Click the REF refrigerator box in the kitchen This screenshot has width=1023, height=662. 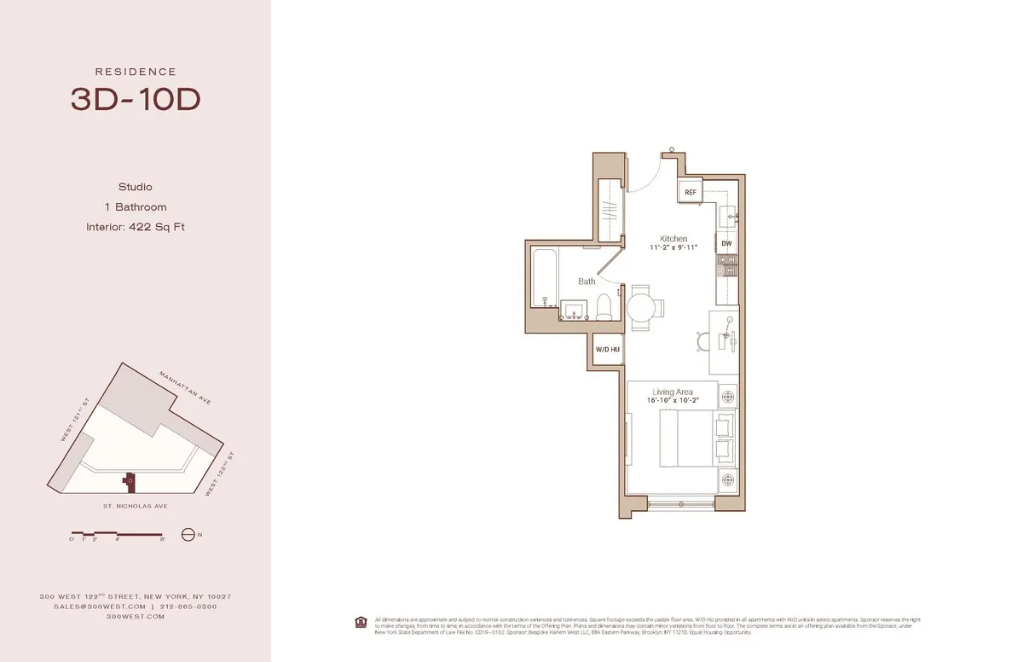[x=690, y=193]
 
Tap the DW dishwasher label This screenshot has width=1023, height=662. [x=726, y=244]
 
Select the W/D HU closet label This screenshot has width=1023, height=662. [x=607, y=350]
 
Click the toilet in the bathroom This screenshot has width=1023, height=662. [x=604, y=307]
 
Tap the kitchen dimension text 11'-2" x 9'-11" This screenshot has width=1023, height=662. [x=673, y=248]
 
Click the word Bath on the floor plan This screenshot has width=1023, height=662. [x=587, y=282]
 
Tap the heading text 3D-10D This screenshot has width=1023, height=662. [x=136, y=100]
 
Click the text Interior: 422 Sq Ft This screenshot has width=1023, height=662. [x=136, y=227]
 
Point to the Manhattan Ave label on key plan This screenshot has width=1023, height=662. [x=186, y=387]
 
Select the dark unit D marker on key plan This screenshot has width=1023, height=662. [x=130, y=481]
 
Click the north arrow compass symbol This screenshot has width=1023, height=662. [x=188, y=535]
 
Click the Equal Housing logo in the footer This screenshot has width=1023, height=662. [x=361, y=620]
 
